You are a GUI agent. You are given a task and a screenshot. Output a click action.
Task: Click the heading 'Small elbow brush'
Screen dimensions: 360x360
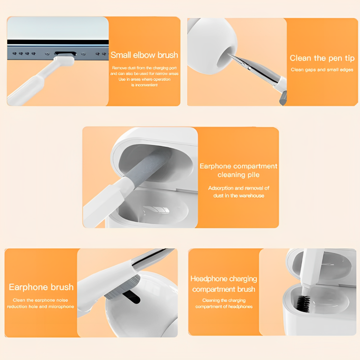coord(144,55)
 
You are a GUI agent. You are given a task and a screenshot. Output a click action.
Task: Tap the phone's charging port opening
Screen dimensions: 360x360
coord(65,53)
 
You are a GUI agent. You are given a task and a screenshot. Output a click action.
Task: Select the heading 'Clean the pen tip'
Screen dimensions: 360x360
coord(322,58)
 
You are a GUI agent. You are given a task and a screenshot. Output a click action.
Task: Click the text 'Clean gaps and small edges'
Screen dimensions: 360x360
coord(322,70)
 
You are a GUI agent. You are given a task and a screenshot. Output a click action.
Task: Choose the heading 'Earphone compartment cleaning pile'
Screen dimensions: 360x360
coord(238,170)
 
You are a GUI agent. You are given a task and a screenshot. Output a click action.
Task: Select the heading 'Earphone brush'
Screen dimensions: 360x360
coord(41,287)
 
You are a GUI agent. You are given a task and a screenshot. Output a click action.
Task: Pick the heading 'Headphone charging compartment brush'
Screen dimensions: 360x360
coord(224,284)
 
